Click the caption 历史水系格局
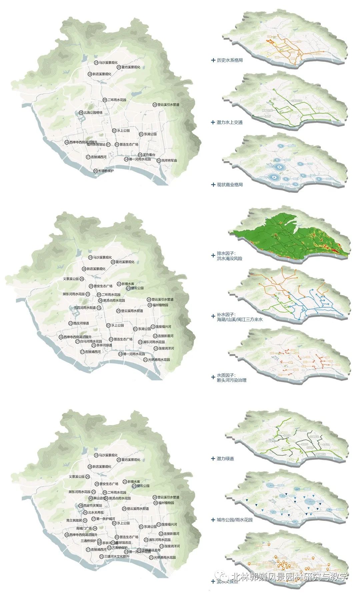[230, 60]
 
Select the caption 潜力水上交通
[230, 122]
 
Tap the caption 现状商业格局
[230, 184]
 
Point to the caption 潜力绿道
[225, 459]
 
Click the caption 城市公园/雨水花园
[234, 520]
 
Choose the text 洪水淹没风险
[230, 258]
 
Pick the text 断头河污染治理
[232, 380]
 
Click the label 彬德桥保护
[106, 171]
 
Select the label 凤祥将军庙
[169, 160]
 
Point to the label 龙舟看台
[149, 155]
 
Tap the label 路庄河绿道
[81, 323]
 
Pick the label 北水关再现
[96, 512]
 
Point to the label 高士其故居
[74, 520]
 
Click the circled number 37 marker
[93, 519]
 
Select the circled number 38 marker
[80, 506]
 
